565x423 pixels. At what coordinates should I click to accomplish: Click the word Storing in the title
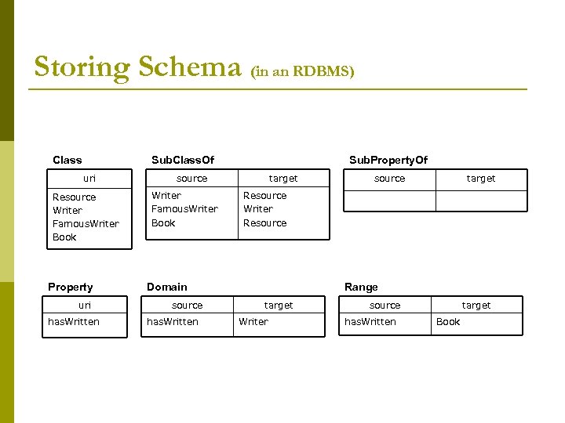click(82, 67)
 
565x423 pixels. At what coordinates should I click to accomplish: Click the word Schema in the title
click(189, 67)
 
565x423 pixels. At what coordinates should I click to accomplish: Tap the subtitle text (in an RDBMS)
click(302, 71)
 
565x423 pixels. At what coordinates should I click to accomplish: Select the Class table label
click(67, 160)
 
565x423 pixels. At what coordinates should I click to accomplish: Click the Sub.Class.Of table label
click(183, 160)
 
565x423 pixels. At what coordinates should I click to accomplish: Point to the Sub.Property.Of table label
click(388, 160)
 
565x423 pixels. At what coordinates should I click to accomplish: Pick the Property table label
click(70, 287)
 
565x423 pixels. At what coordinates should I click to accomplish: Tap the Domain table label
click(167, 287)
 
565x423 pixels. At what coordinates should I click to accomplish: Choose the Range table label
click(361, 287)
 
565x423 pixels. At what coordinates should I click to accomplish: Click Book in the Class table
click(64, 237)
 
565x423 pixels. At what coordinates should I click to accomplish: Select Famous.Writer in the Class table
click(86, 224)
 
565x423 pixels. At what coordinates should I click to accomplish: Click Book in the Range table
click(448, 322)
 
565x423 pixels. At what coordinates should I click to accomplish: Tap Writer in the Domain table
click(253, 322)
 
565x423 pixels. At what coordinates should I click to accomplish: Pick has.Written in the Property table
click(74, 322)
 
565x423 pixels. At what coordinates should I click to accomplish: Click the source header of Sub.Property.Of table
click(390, 179)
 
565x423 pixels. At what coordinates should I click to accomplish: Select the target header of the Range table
click(476, 305)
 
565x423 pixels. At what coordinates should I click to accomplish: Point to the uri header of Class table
click(89, 179)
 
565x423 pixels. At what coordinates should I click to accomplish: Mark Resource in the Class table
click(74, 197)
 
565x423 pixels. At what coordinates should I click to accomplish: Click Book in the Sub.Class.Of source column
click(163, 223)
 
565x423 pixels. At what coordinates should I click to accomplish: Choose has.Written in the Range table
click(370, 322)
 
